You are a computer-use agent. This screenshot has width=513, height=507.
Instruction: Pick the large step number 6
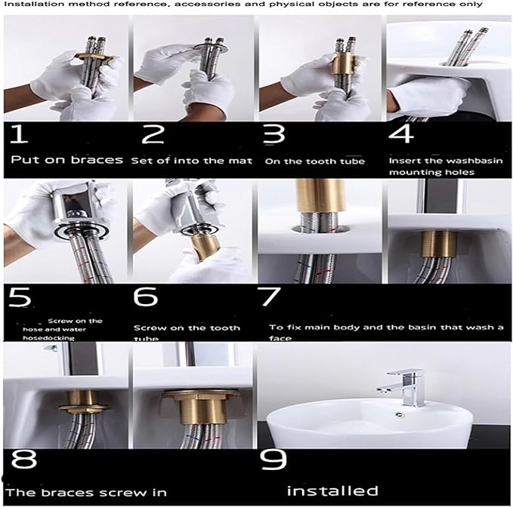point(145,297)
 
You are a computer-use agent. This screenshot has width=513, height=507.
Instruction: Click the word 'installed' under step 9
point(332,491)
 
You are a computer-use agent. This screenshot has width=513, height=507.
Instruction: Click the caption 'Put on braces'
point(67,160)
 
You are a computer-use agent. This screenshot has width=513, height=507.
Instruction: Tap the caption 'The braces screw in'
point(85,492)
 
